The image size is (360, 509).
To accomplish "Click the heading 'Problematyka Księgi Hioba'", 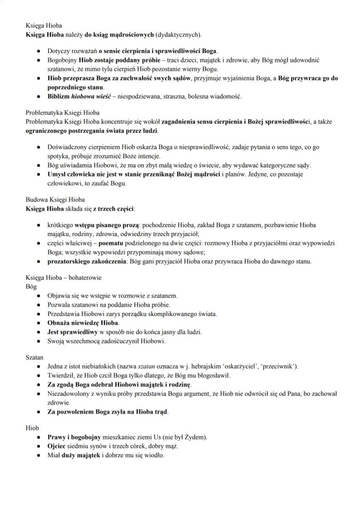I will pos(63,113).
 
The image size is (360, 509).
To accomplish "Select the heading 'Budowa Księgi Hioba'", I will pos(55,200).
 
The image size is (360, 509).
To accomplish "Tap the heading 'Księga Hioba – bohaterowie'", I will pos(63,278).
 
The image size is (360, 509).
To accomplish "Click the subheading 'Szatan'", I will pos(35,357).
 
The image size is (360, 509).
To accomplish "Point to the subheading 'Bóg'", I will pos(31,286).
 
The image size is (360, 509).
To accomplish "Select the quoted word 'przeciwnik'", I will pos(280,366).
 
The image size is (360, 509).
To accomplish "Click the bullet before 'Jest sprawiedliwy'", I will pos(38,332).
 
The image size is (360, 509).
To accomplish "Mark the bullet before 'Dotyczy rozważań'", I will pos(38,51).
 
